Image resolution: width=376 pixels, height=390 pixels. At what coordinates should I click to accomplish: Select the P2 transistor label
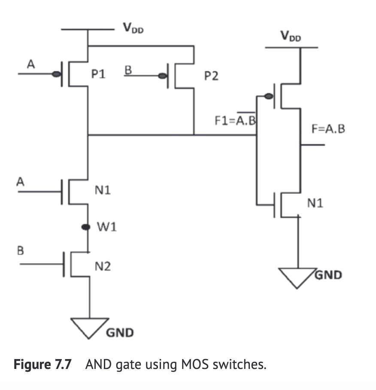(x=211, y=76)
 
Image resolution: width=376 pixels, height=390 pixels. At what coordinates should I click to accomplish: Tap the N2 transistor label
(x=103, y=267)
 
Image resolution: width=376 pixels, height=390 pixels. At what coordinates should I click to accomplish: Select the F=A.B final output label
(x=328, y=129)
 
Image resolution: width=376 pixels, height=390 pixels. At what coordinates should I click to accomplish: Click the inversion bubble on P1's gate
(x=56, y=74)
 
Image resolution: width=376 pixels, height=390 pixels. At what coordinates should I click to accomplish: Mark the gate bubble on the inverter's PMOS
(x=268, y=96)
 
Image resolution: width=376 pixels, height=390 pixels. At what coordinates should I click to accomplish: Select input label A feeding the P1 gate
(x=30, y=64)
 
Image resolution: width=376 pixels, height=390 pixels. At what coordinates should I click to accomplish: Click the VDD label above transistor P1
(x=133, y=29)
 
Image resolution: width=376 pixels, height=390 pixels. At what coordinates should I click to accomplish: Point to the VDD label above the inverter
(x=291, y=37)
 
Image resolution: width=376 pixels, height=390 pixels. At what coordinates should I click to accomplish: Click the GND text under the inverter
(x=328, y=274)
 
